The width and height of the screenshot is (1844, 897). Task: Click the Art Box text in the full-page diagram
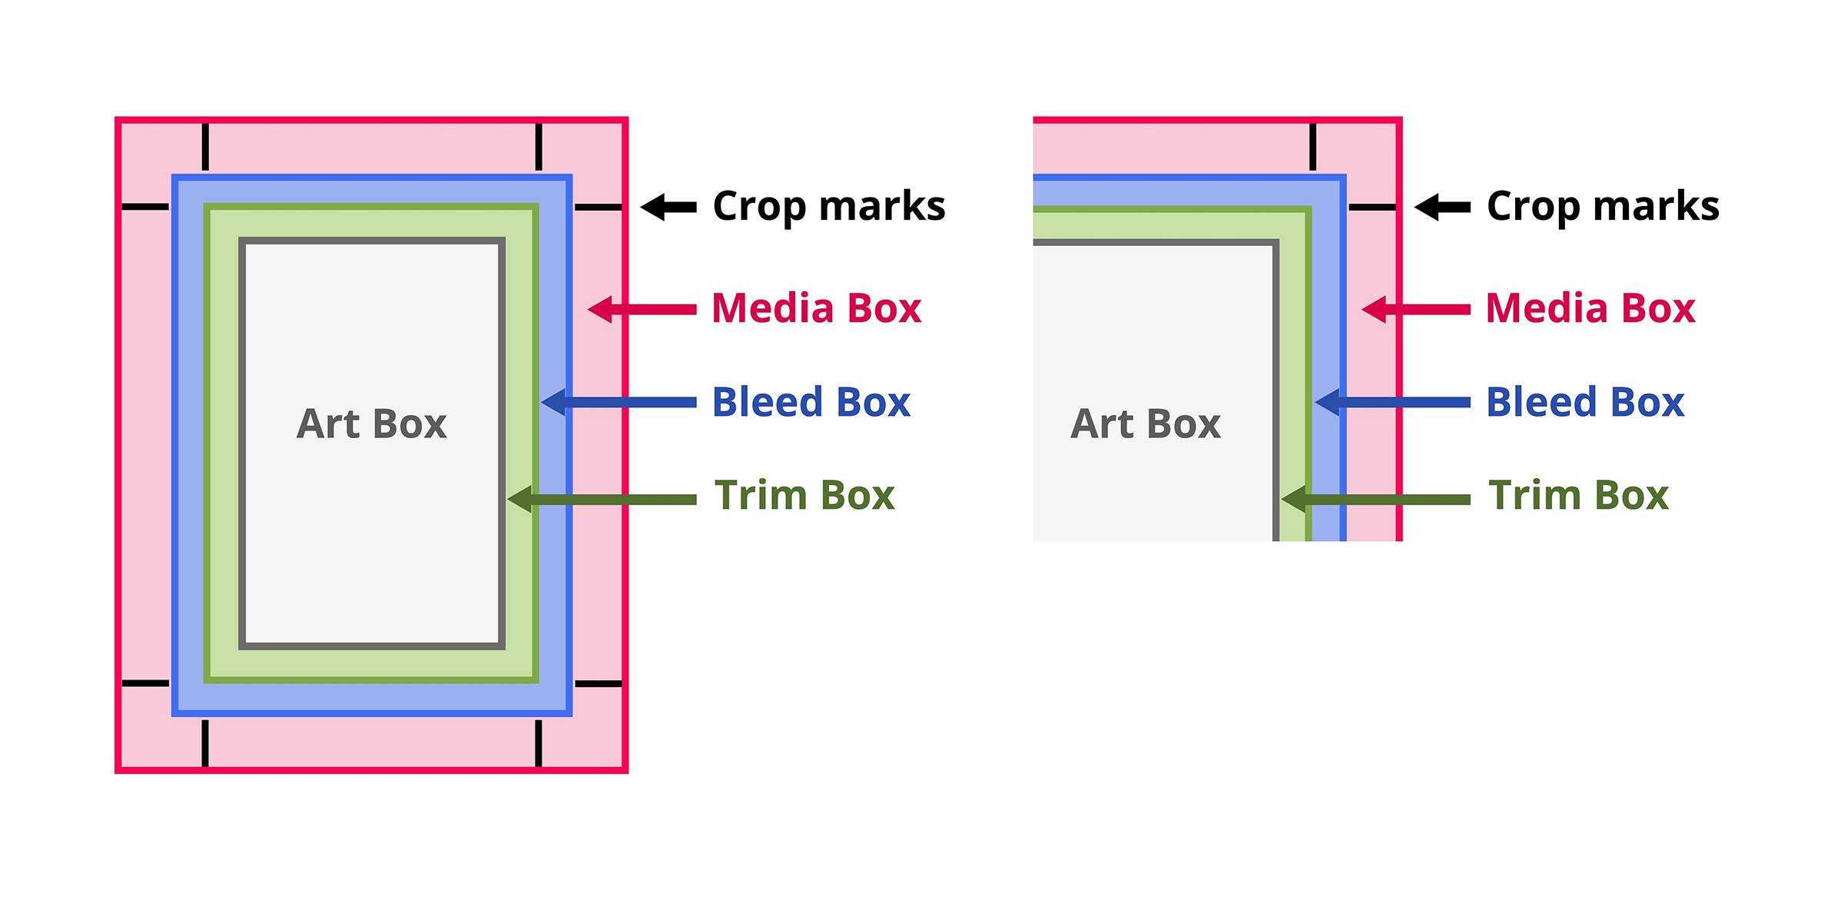click(372, 424)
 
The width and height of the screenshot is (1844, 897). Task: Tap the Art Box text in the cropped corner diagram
click(1146, 424)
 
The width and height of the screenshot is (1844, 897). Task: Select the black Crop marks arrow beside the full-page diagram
click(668, 207)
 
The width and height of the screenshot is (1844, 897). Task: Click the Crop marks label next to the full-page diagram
click(829, 206)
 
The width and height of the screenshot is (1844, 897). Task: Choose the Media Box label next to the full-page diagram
click(816, 308)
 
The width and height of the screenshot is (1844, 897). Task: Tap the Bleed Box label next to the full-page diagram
click(811, 402)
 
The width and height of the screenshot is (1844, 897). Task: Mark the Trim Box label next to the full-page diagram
click(804, 495)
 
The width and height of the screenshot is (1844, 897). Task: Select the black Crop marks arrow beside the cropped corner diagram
click(1442, 207)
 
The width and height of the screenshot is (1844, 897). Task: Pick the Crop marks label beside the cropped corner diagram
click(1603, 206)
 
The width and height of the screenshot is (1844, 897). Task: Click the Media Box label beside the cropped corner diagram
click(1590, 308)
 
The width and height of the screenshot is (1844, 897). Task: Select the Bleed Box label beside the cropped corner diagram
click(1585, 402)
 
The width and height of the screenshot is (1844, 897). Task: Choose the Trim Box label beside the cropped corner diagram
click(1578, 495)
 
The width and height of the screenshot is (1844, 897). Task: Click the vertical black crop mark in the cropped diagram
click(1313, 146)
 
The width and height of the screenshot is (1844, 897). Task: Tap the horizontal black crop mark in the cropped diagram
click(1372, 207)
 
